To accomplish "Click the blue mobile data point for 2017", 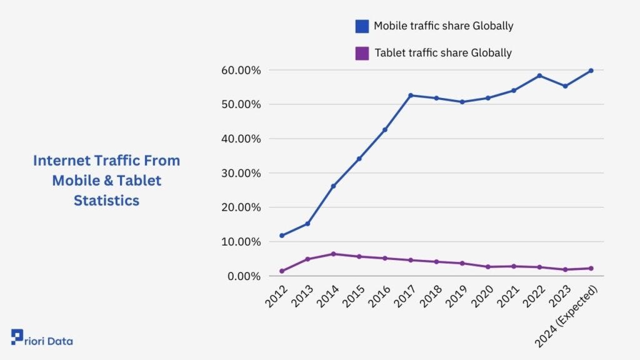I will tap(411, 96).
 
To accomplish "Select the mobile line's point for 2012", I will tap(282, 236).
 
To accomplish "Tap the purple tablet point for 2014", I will tap(333, 254).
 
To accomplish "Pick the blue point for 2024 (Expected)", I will tap(591, 71).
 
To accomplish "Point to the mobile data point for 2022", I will tap(539, 76).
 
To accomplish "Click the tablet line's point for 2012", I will tap(282, 271).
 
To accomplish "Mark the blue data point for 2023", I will tap(565, 86).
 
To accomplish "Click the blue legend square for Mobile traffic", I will tap(362, 26).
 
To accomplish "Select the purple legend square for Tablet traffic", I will tap(362, 53).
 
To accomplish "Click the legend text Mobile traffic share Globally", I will tap(443, 26).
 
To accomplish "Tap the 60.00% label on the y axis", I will tap(241, 70).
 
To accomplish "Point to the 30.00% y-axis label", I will tap(241, 173).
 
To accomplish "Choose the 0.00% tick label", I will tap(244, 276).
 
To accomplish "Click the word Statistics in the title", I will tap(106, 201).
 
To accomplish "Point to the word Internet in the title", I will tap(59, 161).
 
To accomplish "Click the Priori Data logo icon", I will tap(17, 337).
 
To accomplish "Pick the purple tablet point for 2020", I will tap(487, 267).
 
